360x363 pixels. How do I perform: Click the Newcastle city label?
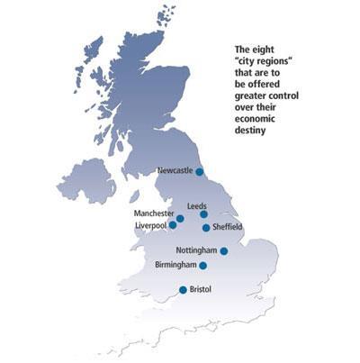click(175, 169)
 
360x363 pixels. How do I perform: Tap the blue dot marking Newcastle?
click(200, 170)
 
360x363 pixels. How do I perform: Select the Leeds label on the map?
click(196, 206)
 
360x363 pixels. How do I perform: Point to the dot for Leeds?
click(204, 214)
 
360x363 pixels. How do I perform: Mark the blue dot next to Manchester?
click(181, 218)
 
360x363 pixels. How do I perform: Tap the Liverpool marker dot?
click(173, 225)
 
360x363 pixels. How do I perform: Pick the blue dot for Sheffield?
click(206, 228)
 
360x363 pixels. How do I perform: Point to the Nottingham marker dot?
click(224, 251)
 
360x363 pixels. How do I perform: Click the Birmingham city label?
click(176, 266)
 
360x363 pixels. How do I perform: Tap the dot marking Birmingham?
click(203, 266)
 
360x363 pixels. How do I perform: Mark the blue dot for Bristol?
click(183, 290)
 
